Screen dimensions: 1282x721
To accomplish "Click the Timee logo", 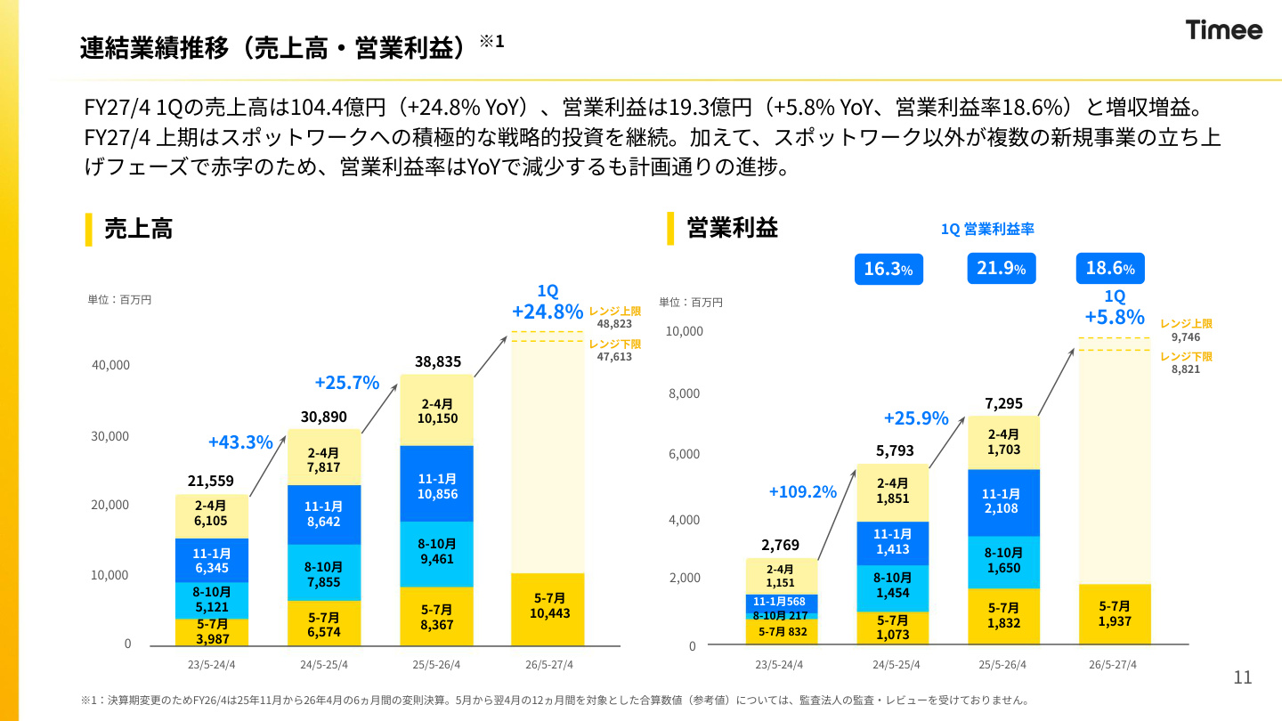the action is (x=1223, y=29).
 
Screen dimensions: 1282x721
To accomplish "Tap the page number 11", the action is (x=1243, y=677).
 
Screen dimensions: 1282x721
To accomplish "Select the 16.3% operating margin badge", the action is (x=888, y=269).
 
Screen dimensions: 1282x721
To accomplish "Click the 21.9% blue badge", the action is (x=1001, y=269).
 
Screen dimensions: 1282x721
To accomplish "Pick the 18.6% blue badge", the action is (x=1110, y=269).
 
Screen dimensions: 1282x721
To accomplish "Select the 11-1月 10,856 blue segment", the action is (x=436, y=483).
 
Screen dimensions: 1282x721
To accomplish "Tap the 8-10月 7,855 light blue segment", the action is (x=324, y=572).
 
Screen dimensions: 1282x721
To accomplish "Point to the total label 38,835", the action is (x=438, y=361).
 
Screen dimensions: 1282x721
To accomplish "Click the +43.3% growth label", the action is (x=240, y=442).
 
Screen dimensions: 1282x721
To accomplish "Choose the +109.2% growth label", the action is (x=802, y=491).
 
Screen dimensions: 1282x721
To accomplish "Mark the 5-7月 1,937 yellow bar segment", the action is (x=1115, y=614).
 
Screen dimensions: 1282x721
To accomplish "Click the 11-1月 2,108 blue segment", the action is (x=1004, y=502).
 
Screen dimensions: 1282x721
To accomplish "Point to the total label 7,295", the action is (x=1004, y=403).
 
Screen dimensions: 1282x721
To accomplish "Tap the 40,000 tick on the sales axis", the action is (x=110, y=365).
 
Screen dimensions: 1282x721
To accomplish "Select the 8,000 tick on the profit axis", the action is (x=684, y=393).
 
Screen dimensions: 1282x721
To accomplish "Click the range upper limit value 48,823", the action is (x=614, y=324).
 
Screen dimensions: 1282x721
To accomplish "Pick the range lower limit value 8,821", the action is (x=1185, y=369).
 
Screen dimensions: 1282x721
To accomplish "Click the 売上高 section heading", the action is (x=138, y=229).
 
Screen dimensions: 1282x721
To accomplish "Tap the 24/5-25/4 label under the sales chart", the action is (x=324, y=665).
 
